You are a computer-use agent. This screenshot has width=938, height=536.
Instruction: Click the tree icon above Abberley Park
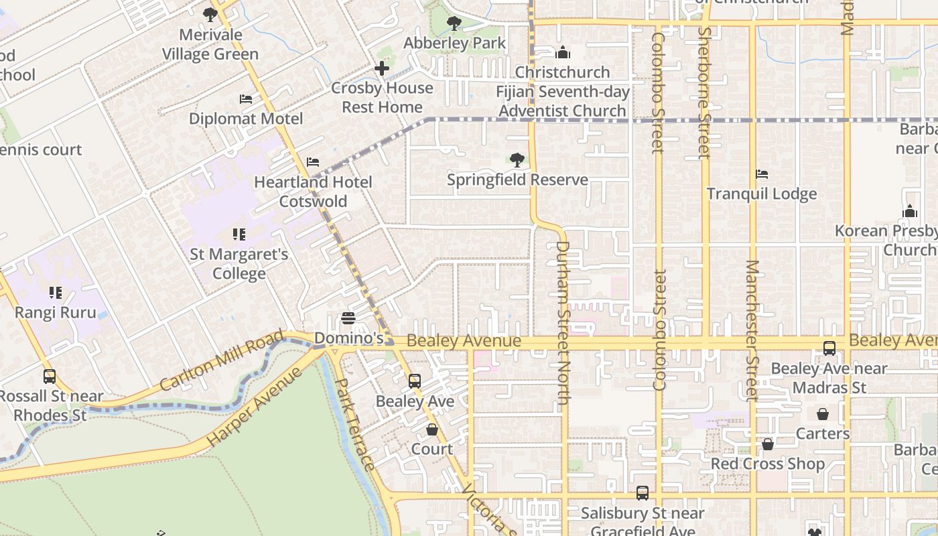454,23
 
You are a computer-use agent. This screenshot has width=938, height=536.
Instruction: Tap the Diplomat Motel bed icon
246,99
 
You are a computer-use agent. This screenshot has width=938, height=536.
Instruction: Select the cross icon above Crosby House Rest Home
382,68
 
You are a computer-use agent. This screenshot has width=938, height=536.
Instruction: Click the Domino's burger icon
348,318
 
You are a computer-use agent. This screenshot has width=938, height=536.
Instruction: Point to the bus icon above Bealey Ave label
415,381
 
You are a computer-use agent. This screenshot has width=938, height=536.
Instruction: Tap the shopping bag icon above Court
432,429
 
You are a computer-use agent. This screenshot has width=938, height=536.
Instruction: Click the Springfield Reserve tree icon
517,159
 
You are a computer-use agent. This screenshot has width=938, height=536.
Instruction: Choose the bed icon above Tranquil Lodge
762,174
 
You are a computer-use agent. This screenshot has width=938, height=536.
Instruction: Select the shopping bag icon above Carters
823,414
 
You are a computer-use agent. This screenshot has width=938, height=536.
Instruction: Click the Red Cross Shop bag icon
768,444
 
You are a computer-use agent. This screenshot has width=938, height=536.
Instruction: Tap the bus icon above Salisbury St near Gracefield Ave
643,493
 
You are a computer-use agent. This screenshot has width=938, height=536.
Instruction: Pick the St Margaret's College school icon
239,234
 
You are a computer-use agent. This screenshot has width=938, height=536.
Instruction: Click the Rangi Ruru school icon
55,293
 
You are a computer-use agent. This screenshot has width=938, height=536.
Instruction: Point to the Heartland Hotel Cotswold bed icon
313,162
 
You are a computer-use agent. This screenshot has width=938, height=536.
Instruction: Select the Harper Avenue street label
255,407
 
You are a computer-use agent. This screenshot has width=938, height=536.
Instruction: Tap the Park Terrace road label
354,424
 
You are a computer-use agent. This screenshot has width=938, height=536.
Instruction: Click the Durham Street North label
563,322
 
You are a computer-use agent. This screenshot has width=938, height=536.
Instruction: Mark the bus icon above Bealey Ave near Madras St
829,348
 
